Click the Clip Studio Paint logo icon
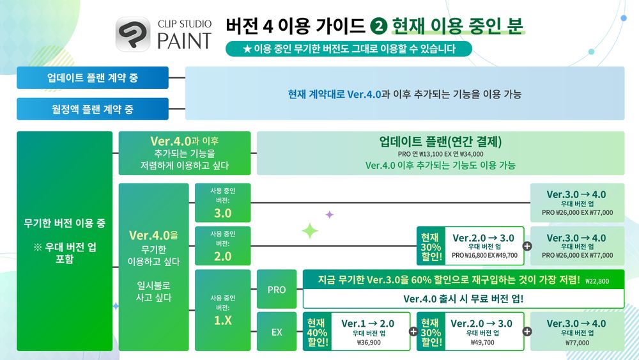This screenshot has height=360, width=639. [x=133, y=35]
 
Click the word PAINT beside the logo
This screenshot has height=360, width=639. [x=184, y=41]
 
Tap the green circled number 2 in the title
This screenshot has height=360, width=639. [x=378, y=26]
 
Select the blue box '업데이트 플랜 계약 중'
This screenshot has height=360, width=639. [x=93, y=77]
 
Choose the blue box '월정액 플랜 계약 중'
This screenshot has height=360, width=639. [x=93, y=109]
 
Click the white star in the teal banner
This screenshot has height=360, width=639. [x=247, y=49]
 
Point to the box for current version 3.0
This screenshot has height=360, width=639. [x=222, y=203]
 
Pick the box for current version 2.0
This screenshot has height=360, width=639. [x=222, y=246]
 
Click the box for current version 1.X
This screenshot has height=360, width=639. [x=222, y=310]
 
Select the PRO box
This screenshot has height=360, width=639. [x=277, y=289]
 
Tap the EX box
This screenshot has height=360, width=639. [x=277, y=331]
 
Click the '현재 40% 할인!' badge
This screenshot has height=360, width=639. [x=317, y=332]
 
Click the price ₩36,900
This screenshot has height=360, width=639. [x=369, y=343]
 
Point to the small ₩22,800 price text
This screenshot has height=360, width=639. [x=597, y=281]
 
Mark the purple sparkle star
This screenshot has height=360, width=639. [x=329, y=214]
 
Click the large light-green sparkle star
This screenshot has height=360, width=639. [x=310, y=231]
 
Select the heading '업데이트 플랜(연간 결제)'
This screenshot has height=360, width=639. [x=440, y=141]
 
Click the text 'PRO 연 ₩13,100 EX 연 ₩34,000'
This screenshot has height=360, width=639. [x=440, y=154]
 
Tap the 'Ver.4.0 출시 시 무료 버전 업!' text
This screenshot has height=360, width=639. [x=463, y=299]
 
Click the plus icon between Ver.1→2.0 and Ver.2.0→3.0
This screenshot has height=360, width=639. [x=413, y=331]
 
